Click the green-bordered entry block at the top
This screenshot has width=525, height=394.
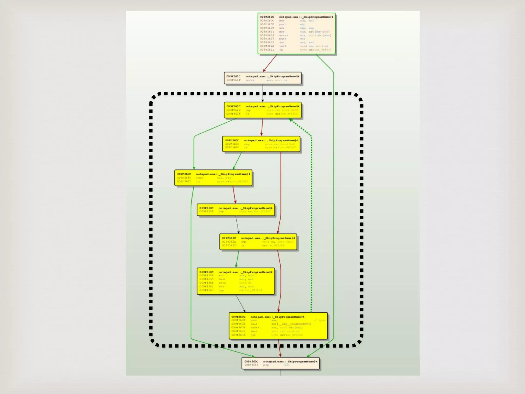[x=296, y=34]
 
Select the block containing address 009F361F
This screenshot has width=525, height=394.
[x=262, y=78]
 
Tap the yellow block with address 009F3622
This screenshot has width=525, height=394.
[x=262, y=110]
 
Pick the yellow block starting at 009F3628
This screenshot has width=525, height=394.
[x=261, y=144]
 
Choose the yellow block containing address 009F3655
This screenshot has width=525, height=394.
[x=213, y=178]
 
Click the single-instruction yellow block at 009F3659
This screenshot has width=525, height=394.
[x=236, y=210]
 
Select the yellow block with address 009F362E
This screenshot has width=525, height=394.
[x=258, y=242]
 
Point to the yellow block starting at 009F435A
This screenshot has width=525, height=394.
[x=236, y=281]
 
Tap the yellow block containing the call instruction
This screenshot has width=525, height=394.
[x=278, y=326]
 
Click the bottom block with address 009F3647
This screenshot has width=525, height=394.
[x=280, y=363]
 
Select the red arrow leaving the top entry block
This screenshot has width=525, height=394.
[x=270, y=63]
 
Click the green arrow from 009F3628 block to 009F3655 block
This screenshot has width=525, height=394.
[x=237, y=161]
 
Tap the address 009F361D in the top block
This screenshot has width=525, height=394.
[x=267, y=50]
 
